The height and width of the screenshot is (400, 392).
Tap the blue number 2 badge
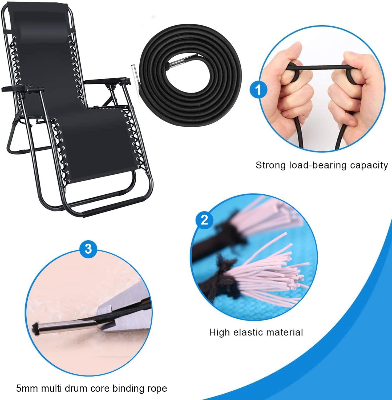(204, 220)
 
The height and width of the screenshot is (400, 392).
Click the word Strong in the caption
(271, 165)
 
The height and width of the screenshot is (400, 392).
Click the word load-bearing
(318, 166)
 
